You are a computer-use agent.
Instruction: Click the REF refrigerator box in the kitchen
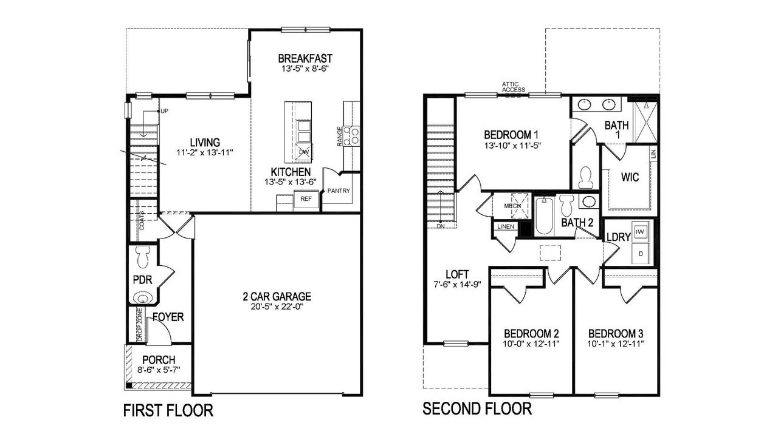tap(306, 199)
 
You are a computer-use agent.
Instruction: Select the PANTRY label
tap(339, 191)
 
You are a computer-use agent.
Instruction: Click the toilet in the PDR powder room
tap(143, 257)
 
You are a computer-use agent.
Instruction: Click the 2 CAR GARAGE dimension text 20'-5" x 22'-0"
tap(277, 307)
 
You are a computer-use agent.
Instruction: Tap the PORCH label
tap(159, 360)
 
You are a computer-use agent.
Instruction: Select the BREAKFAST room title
tap(305, 58)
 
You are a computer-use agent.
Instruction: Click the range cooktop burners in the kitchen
tap(351, 135)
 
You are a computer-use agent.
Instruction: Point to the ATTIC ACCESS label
tap(514, 87)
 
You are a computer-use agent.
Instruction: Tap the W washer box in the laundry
tap(639, 231)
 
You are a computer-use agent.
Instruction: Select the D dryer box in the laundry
tap(639, 254)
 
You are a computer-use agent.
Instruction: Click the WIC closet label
tap(630, 178)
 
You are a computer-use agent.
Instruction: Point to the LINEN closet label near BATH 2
tap(505, 227)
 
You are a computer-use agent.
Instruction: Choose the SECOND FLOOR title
tap(477, 408)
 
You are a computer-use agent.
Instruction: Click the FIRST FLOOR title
tap(168, 411)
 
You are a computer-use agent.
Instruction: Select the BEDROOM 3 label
tap(616, 334)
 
